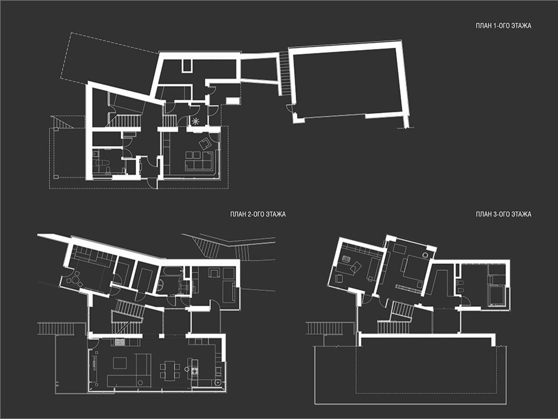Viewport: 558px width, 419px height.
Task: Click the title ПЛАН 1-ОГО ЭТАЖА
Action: (503, 26)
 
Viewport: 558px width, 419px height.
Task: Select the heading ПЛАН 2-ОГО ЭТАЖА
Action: (258, 214)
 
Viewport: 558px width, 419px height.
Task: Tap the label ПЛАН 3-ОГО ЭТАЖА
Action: (503, 214)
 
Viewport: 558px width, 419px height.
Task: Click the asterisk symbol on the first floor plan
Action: (195, 121)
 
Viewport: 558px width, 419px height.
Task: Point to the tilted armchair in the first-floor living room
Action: (205, 143)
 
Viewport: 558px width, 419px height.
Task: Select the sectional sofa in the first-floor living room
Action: (199, 161)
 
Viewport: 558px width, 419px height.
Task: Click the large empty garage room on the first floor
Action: (348, 84)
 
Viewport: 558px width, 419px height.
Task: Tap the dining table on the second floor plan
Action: (170, 370)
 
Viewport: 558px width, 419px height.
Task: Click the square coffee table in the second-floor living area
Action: (120, 363)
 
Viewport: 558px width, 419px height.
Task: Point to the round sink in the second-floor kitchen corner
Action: (218, 383)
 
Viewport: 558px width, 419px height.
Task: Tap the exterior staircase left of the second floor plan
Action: (56, 328)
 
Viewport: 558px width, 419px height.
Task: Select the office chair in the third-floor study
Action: (346, 259)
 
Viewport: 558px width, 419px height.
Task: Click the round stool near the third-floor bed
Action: (425, 254)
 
